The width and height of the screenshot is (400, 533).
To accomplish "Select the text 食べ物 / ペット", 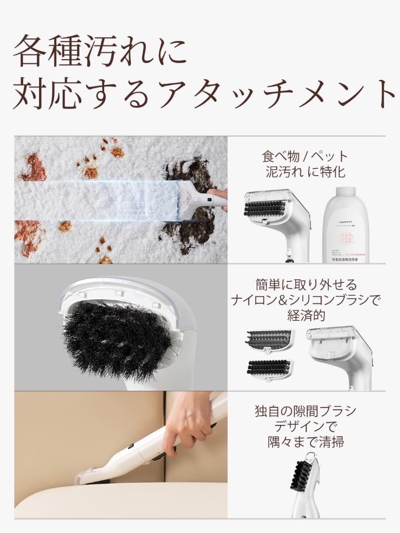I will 305,156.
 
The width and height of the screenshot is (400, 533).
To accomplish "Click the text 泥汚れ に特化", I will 305,172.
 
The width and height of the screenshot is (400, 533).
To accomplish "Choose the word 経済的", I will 306,316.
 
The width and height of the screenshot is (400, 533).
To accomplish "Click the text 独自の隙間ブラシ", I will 305,411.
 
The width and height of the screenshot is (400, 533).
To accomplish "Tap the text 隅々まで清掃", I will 305,442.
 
